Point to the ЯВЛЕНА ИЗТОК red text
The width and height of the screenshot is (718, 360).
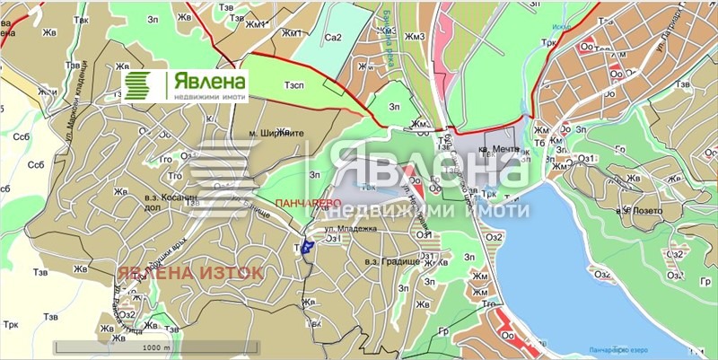click(x=189, y=271)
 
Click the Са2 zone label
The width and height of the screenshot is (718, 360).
click(x=334, y=38)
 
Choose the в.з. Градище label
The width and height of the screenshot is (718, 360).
click(x=388, y=261)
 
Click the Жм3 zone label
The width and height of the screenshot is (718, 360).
click(x=414, y=37)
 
